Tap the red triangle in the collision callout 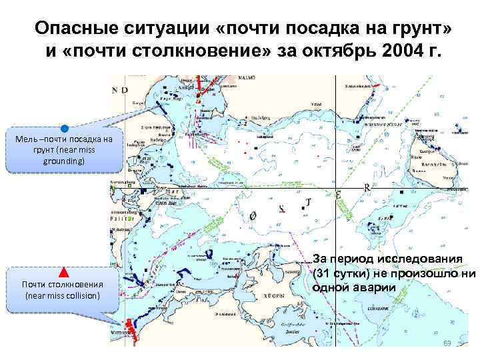point(64,272)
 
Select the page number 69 point(447,343)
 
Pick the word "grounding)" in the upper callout point(65,161)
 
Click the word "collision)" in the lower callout point(78,295)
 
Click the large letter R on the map point(367,187)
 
